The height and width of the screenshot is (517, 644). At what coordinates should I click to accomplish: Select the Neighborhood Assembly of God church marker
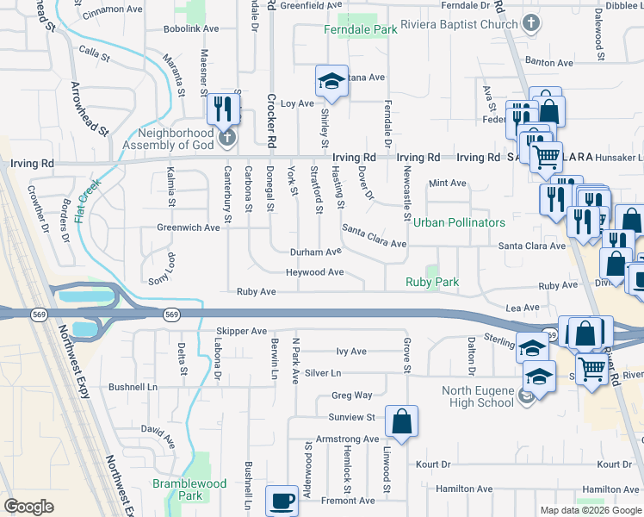click(x=226, y=137)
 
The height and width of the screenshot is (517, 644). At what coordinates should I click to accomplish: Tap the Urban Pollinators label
click(x=459, y=222)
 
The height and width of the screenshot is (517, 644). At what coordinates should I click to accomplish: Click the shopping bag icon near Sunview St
click(x=401, y=422)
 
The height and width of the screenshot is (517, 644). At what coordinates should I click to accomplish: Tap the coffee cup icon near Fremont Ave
click(x=282, y=501)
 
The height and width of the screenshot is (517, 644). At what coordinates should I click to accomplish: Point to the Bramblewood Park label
click(x=189, y=489)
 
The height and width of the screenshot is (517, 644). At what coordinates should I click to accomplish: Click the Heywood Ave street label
click(x=315, y=272)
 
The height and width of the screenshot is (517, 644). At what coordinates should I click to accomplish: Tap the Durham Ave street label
click(x=315, y=252)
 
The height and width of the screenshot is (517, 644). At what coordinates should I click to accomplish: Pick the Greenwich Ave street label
click(x=189, y=227)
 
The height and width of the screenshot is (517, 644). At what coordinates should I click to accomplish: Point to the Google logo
click(x=29, y=507)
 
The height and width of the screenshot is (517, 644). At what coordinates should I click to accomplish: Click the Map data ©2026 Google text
click(x=591, y=510)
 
